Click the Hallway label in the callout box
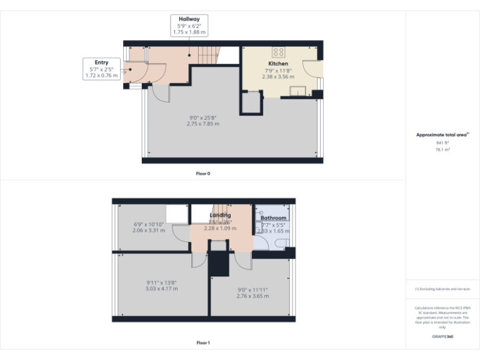(189, 19)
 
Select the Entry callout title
(101, 62)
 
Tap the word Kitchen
(278, 64)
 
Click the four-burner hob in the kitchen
(279, 52)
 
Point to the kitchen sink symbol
(301, 92)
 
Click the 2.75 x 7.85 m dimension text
(202, 124)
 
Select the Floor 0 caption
(203, 173)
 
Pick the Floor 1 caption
(203, 342)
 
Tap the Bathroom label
(273, 218)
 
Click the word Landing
(219, 215)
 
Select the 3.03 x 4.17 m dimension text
(161, 289)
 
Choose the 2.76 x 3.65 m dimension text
(252, 296)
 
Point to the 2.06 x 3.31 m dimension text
(149, 230)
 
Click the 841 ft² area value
(442, 143)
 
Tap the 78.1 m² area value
(442, 150)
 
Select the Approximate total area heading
(441, 134)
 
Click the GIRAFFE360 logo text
(442, 337)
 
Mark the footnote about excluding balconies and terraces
(442, 289)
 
